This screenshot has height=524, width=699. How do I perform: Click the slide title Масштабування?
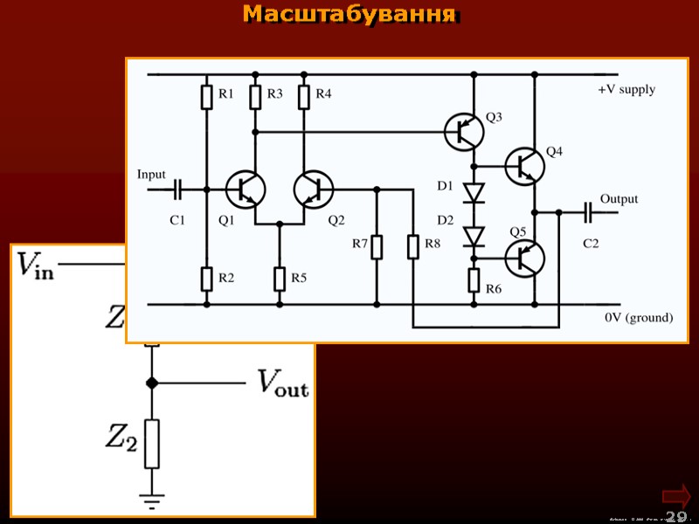coord(349,15)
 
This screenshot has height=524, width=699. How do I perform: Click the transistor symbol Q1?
coord(246,189)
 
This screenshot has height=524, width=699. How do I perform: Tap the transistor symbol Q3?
coord(464,132)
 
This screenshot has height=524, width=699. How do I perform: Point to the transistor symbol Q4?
coord(525,164)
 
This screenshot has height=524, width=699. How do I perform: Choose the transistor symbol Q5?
coord(525,257)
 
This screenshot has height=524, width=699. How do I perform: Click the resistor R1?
coord(207,97)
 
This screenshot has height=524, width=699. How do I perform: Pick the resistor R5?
coord(280,279)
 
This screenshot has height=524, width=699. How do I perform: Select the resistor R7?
coord(377,248)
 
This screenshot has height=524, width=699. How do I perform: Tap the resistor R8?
coord(412,248)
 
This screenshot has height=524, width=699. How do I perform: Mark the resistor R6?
coord(474,280)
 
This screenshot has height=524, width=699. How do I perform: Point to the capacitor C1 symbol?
coord(178,189)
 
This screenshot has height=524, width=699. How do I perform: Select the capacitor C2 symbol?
coord(588,210)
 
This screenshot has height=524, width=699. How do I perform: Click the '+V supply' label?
coord(626,90)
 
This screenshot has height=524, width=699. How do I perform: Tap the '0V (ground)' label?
coord(639,318)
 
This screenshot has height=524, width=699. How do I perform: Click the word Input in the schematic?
coord(151,175)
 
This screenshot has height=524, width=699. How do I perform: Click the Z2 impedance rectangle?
coord(152,444)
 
